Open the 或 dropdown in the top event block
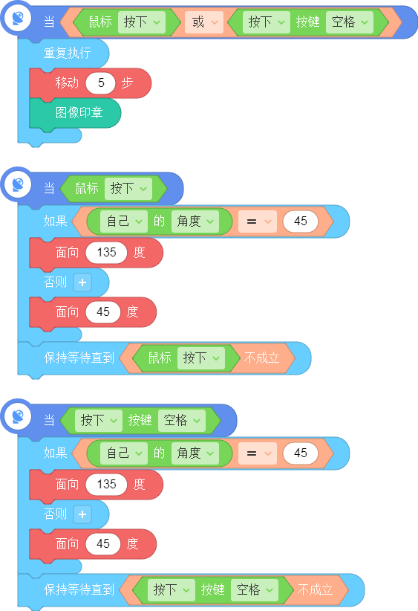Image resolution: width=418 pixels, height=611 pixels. click(x=204, y=22)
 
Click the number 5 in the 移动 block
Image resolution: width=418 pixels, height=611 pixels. click(x=101, y=83)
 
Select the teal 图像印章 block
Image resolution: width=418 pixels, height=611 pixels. click(x=75, y=113)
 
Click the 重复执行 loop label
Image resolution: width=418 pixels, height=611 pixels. click(x=67, y=53)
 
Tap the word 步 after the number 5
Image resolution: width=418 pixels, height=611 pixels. click(x=127, y=83)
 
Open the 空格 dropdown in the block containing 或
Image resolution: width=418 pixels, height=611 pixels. click(x=350, y=22)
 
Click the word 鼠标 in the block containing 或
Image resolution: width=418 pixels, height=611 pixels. click(x=100, y=22)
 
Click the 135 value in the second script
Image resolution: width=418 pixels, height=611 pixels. click(x=106, y=253)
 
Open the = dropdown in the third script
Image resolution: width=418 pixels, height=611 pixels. click(x=258, y=453)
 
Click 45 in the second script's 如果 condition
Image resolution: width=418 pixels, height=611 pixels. click(x=301, y=222)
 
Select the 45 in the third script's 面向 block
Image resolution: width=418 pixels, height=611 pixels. click(x=102, y=543)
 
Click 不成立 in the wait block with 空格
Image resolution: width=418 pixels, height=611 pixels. click(x=315, y=589)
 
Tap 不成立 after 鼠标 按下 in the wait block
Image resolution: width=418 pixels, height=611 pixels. click(x=261, y=358)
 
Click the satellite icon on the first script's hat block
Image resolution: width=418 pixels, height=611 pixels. click(x=18, y=18)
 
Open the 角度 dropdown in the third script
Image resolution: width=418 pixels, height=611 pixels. click(x=195, y=453)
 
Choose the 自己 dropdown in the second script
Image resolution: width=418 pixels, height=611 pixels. click(x=124, y=222)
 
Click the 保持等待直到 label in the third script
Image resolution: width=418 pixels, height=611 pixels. click(x=79, y=589)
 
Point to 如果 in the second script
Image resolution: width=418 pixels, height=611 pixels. click(x=55, y=222)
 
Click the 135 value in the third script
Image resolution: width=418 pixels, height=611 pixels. click(x=106, y=485)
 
